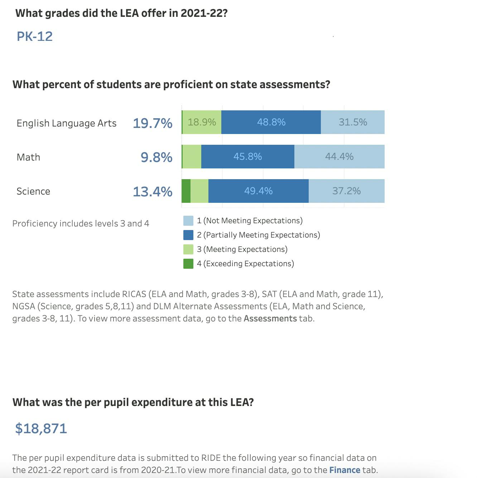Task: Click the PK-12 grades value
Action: [35, 36]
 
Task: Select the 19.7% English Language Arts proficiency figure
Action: [153, 123]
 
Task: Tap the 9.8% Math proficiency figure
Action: [156, 157]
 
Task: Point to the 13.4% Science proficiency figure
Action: [153, 191]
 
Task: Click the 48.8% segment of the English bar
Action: [271, 122]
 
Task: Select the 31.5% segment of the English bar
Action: [353, 122]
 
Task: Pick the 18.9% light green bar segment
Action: [202, 122]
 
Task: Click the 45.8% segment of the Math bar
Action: [247, 157]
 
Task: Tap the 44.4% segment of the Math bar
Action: [339, 157]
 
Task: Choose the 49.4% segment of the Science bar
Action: [258, 191]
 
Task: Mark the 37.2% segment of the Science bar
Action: [346, 191]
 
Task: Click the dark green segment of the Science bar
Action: [186, 191]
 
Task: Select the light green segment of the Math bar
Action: [192, 157]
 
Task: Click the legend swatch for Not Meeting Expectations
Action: [188, 221]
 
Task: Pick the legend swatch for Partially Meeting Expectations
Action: [188, 235]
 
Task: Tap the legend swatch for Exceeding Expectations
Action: [188, 264]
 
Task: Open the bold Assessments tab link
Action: [270, 319]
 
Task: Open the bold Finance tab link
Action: [344, 470]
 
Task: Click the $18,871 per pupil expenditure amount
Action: [41, 429]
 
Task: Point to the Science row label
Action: [33, 191]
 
